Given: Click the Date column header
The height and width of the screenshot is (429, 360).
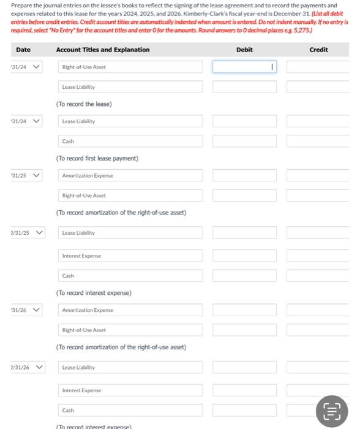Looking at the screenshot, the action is point(23,50).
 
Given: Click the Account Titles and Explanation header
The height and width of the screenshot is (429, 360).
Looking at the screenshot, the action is point(102,50).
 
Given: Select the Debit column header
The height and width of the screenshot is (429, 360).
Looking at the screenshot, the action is point(244,50).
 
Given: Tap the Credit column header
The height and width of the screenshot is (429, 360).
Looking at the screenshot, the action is point(318,50).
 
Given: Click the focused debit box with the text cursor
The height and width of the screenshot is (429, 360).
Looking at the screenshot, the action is point(244,67).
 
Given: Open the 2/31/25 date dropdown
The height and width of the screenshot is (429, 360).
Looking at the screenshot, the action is point(27,233).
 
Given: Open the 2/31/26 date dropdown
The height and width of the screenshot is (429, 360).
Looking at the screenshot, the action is point(27,367).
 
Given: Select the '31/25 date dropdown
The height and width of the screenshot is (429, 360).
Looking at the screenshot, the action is point(27,175).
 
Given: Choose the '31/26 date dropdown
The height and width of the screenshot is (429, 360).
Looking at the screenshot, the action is point(27,309).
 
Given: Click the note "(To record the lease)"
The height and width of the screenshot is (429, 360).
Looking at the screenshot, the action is point(84,104).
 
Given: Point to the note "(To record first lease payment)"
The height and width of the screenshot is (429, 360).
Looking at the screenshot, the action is point(97,159).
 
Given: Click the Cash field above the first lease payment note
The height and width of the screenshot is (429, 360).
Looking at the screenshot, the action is point(131,142).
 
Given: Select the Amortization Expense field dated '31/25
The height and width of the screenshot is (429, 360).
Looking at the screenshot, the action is point(131,176).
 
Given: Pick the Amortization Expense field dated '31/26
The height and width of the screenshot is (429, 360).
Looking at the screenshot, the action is point(131,310).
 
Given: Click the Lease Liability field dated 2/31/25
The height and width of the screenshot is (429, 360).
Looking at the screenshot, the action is point(131,233).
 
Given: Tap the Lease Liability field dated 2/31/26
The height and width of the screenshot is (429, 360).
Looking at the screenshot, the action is point(131,367).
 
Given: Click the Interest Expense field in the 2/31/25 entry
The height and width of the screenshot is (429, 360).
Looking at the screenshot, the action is point(131,256).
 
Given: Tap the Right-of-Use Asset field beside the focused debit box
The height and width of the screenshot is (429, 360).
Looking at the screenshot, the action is point(131,67).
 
